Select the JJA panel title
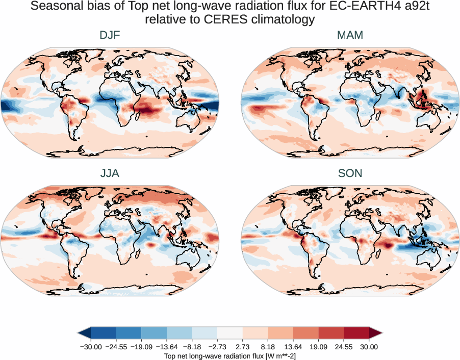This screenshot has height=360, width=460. coord(110,173)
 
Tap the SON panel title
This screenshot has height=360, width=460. coord(350,173)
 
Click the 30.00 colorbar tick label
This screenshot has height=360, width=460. coord(369,347)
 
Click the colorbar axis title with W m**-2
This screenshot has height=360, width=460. coord(230,355)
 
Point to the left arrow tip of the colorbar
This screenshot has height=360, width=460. coord(80,332)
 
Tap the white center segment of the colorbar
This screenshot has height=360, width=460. coord(230,332)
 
